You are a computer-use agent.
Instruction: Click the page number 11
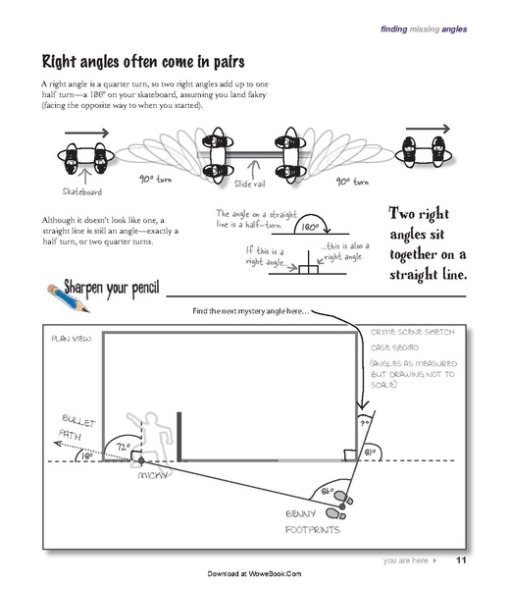(x=461, y=561)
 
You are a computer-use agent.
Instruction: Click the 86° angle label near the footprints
(x=328, y=490)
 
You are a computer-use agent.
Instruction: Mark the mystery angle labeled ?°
(x=364, y=423)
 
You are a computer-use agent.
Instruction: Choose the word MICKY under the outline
(x=152, y=475)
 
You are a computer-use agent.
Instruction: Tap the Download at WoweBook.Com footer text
(x=254, y=573)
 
